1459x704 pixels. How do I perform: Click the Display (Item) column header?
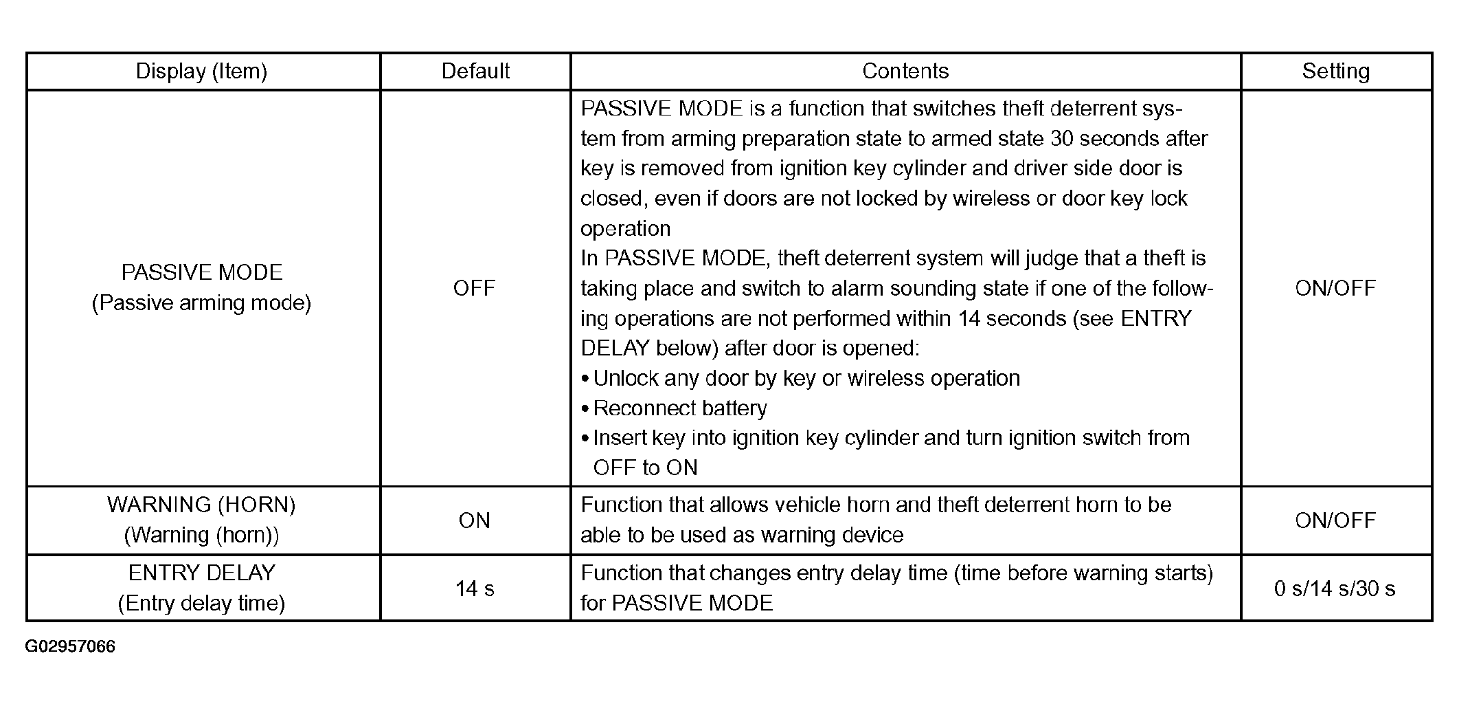click(x=201, y=71)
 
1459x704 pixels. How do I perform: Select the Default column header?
click(x=475, y=71)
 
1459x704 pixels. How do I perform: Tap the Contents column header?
click(x=905, y=71)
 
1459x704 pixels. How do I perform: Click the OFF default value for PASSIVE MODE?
click(x=474, y=288)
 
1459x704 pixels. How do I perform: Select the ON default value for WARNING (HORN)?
click(x=475, y=520)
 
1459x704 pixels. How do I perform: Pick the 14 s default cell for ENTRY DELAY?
click(x=475, y=588)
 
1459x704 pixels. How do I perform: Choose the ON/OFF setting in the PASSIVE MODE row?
click(x=1335, y=288)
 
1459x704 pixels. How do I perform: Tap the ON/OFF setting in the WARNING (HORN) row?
click(x=1335, y=520)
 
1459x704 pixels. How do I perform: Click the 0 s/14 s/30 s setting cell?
click(x=1335, y=588)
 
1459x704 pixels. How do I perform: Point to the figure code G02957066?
click(x=70, y=647)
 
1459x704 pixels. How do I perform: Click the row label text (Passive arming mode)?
click(x=201, y=303)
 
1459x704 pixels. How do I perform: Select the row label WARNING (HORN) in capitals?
click(x=201, y=505)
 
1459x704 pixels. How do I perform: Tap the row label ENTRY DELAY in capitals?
click(x=202, y=573)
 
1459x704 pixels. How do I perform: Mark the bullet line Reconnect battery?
click(x=674, y=408)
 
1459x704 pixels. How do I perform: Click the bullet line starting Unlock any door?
click(x=800, y=379)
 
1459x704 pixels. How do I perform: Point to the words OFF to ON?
click(x=646, y=468)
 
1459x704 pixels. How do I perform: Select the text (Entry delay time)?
click(x=201, y=604)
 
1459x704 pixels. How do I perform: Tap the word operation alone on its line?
click(x=625, y=229)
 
